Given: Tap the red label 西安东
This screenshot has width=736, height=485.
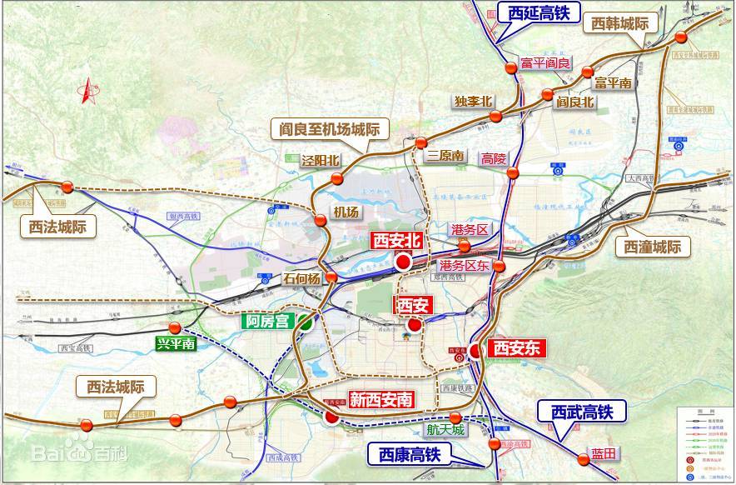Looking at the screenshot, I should pos(518,348).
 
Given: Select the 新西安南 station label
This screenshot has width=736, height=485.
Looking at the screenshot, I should pos(380,400).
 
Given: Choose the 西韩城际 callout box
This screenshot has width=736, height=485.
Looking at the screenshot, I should pos(620,23).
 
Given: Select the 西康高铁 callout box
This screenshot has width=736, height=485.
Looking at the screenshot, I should pos(409,454).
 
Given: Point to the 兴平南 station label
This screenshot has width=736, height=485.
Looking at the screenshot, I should pos(176,342).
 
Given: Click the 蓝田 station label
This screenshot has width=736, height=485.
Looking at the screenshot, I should pos(604,453).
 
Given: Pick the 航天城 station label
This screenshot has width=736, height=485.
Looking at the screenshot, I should pos(444,430).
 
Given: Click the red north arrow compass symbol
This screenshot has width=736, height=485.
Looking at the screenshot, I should pos(86,91).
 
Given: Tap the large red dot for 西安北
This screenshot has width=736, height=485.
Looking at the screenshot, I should pos(404,262).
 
